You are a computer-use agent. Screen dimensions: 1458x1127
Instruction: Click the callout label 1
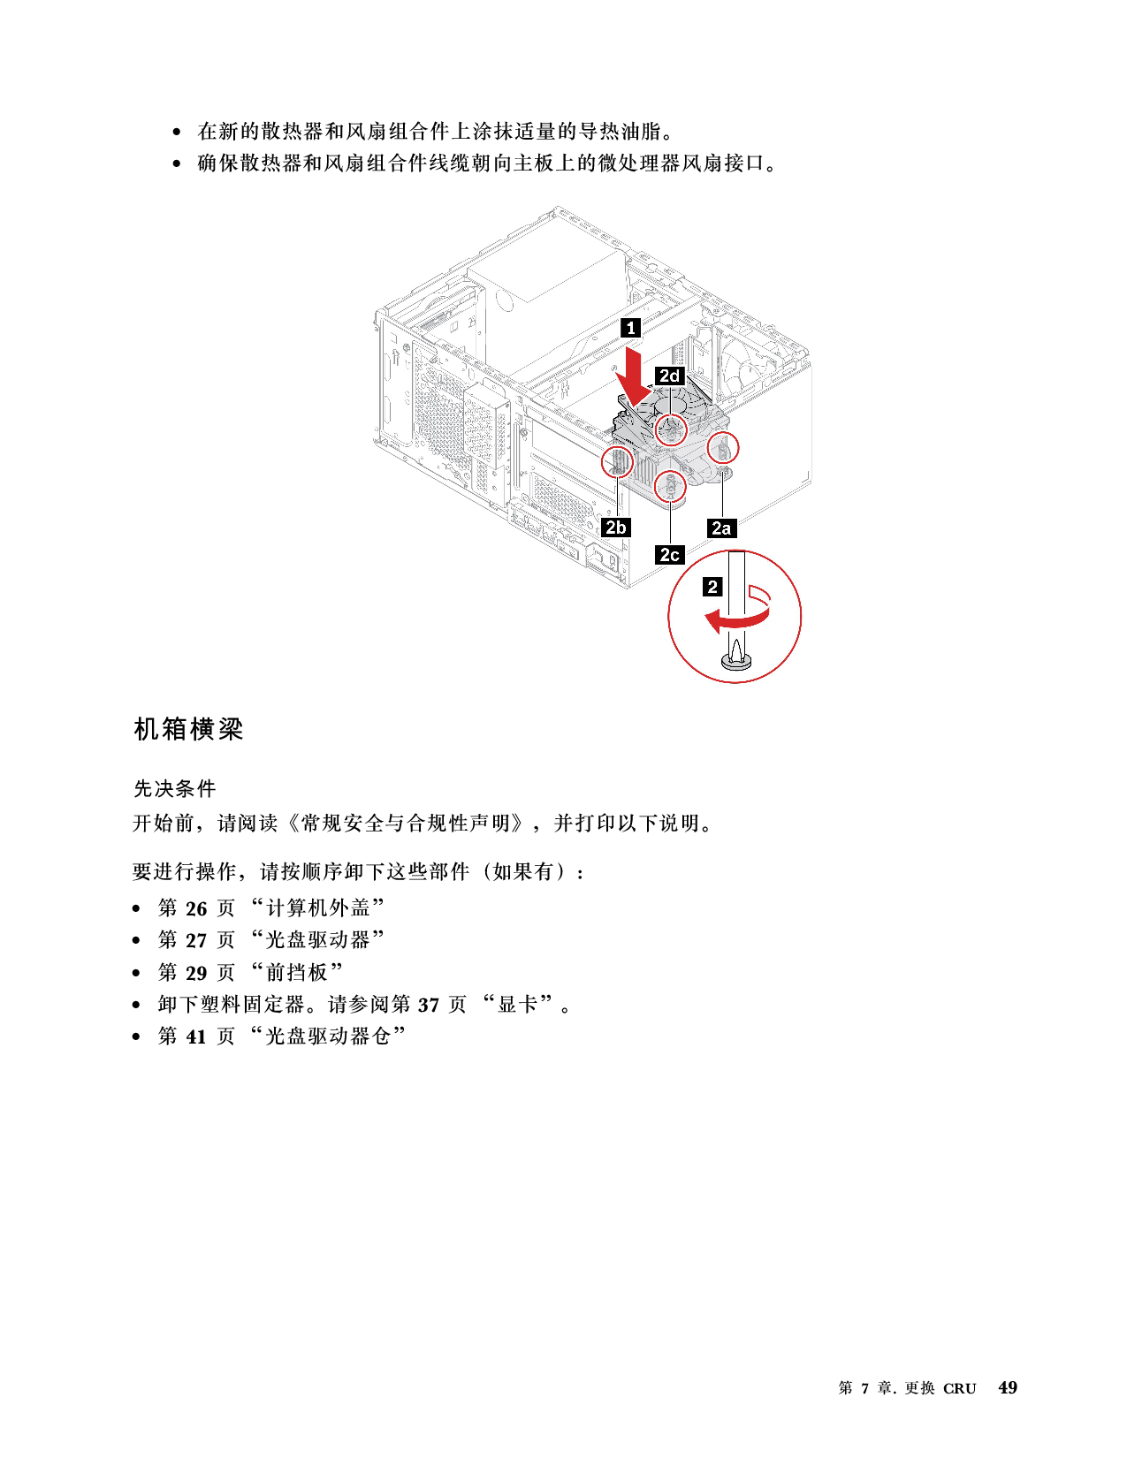click(x=630, y=328)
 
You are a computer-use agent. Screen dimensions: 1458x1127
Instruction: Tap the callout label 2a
click(x=721, y=528)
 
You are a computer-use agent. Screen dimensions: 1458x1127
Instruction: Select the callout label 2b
click(x=615, y=528)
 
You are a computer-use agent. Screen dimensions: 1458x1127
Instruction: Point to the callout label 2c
click(x=670, y=555)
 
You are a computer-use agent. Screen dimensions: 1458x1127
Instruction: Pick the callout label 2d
click(x=670, y=376)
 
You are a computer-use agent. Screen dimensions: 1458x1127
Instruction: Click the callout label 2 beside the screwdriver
click(x=712, y=586)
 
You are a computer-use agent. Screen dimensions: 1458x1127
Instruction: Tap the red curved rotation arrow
click(x=738, y=619)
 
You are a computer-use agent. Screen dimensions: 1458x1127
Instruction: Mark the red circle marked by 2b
click(x=617, y=460)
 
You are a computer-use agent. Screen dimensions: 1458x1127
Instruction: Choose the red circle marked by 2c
click(x=671, y=486)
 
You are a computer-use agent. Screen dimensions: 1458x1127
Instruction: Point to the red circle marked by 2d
click(x=671, y=429)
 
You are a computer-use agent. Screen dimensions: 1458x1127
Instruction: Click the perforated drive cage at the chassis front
click(x=460, y=424)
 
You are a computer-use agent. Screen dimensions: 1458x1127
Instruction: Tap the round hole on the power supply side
click(x=506, y=299)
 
